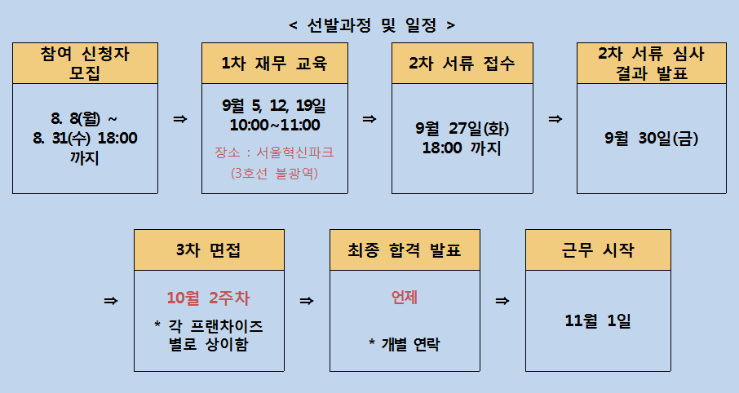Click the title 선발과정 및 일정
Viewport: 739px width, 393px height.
click(x=372, y=25)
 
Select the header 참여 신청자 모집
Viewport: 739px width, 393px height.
click(x=85, y=63)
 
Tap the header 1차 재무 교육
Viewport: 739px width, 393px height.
click(x=274, y=63)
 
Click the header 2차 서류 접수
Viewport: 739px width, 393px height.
click(x=462, y=63)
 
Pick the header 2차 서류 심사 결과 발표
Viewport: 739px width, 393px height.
click(x=652, y=63)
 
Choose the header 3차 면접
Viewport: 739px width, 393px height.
click(x=209, y=249)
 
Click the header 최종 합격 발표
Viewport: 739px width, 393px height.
click(x=405, y=249)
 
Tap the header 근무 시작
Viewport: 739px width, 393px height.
click(x=598, y=249)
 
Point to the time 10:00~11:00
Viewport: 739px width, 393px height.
click(x=275, y=125)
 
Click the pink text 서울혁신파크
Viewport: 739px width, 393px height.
click(x=295, y=152)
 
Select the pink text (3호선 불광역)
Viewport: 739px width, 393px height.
click(x=274, y=173)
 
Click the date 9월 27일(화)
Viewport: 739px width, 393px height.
click(x=462, y=128)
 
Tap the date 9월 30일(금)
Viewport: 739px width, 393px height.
click(x=652, y=138)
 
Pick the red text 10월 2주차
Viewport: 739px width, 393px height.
click(x=208, y=298)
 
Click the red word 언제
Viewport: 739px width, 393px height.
click(x=405, y=298)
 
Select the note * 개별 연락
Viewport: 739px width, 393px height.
click(x=405, y=344)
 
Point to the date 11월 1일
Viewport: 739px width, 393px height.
click(x=598, y=321)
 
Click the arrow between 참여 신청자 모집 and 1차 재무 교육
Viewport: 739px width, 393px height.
click(x=180, y=119)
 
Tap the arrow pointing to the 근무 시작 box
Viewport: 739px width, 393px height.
click(x=502, y=301)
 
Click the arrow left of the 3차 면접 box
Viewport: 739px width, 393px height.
click(x=111, y=301)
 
